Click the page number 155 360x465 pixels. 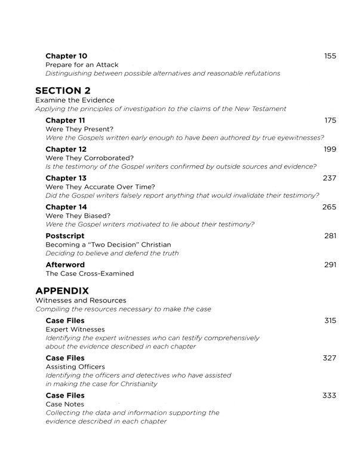330,56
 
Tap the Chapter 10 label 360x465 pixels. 66,56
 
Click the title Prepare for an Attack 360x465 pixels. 82,64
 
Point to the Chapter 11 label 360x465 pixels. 66,120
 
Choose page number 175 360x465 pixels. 330,120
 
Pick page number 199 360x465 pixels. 330,149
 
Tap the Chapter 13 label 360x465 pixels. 66,178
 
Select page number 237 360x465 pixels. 330,178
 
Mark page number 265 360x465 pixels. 330,207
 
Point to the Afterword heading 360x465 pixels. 65,264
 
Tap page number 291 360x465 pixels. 330,264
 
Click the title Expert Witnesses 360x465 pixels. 75,329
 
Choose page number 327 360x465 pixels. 330,358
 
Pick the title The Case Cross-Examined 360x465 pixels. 90,273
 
